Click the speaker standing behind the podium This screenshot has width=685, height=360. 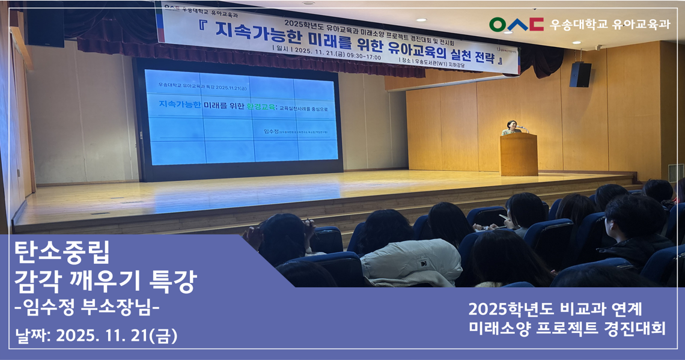(x=511, y=127)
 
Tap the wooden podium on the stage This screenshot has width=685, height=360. (x=518, y=154)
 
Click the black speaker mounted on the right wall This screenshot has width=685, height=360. (x=580, y=75)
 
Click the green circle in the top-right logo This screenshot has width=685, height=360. (x=498, y=24)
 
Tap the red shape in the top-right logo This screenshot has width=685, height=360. (x=537, y=24)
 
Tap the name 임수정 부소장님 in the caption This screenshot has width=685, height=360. (x=87, y=309)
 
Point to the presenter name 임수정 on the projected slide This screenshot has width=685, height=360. (x=272, y=130)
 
